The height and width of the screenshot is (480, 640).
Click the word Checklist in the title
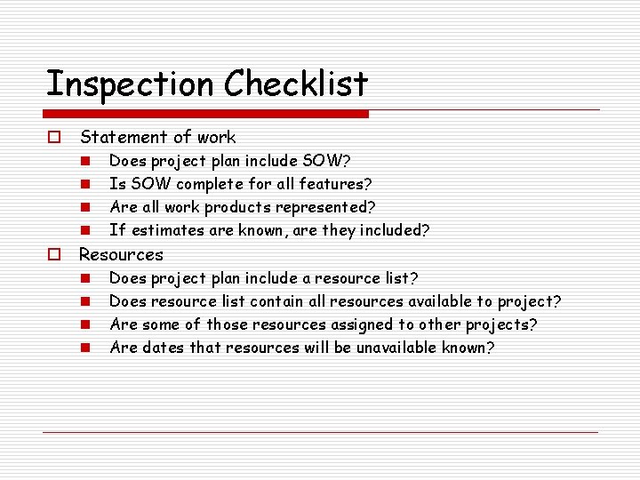(x=296, y=84)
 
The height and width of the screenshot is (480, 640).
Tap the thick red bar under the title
(x=207, y=114)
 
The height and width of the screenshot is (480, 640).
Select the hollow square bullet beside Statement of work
(x=54, y=138)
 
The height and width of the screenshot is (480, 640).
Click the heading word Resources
(x=122, y=255)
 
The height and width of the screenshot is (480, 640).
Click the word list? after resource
(x=399, y=278)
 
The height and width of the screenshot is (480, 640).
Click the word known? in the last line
(x=468, y=348)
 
